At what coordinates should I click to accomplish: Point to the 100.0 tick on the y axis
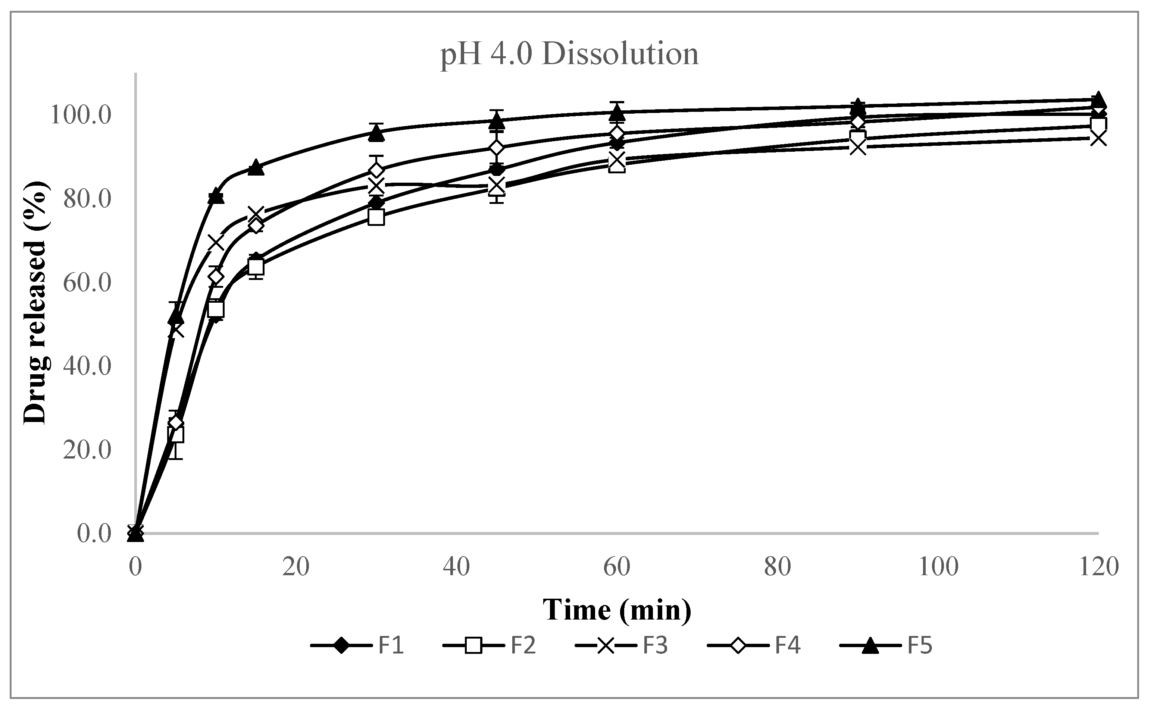(81, 115)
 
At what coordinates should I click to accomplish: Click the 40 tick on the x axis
(456, 567)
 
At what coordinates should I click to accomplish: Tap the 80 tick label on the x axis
(778, 567)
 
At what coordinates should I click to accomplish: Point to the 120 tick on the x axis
(1098, 567)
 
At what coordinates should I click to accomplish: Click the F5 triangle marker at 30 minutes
(376, 133)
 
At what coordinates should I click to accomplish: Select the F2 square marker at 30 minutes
(376, 217)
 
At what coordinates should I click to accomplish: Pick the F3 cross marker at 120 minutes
(1098, 138)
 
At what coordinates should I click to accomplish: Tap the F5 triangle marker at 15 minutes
(256, 167)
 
